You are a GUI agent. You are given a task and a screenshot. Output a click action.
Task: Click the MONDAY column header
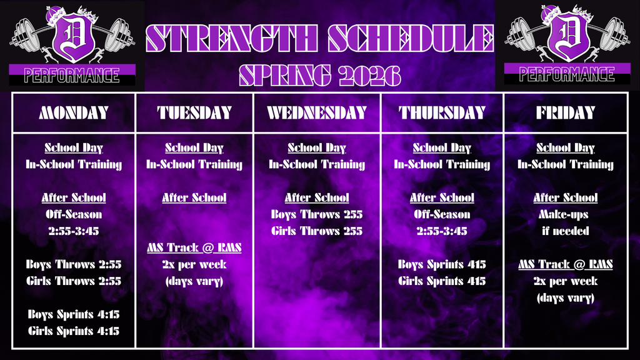coord(74,113)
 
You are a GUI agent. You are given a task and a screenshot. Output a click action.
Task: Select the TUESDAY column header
coord(194,113)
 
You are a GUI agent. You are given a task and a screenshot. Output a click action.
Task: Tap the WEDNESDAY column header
coord(316,113)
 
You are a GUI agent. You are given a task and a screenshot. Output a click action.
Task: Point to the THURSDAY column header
coord(442,113)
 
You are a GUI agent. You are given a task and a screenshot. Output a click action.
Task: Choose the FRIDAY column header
coord(566,113)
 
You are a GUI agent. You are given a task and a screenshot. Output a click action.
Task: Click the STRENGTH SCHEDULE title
coord(319,39)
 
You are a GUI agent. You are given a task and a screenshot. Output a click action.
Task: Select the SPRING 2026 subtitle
coord(319,75)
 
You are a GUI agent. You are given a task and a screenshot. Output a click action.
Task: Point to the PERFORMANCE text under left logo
coord(72,76)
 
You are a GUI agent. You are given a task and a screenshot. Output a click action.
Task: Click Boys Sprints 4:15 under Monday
coord(74,314)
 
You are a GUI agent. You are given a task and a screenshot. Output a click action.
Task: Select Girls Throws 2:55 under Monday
coord(74,281)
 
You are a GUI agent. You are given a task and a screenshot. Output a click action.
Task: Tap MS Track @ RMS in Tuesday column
coord(194,248)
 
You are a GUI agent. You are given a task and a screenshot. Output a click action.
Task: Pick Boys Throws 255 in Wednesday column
coord(316,214)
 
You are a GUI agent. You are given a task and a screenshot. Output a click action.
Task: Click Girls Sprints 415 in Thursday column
coord(442,281)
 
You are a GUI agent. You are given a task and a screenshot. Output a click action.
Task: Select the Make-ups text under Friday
coord(566,214)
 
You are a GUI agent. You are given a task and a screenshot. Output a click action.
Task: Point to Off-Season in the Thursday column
coord(442,214)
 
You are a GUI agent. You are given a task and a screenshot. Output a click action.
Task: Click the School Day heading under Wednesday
coord(316,148)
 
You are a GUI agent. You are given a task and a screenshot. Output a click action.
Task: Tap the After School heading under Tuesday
coord(194,197)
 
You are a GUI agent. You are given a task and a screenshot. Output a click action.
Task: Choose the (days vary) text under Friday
coord(566,298)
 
